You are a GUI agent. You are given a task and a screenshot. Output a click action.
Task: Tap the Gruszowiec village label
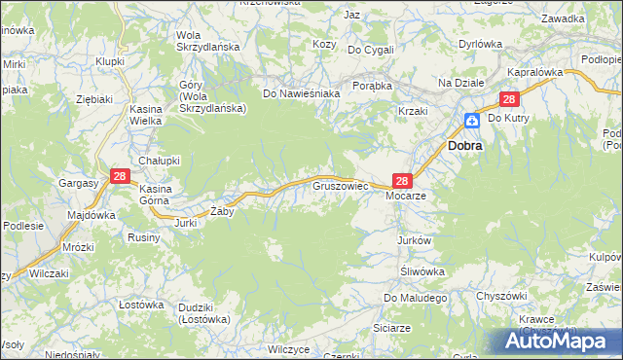click(339, 184)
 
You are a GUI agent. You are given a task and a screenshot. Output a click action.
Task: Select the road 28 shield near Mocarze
click(403, 180)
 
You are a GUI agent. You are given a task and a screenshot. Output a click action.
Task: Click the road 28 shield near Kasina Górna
click(120, 176)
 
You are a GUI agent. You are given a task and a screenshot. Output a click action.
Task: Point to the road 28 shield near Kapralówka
click(509, 100)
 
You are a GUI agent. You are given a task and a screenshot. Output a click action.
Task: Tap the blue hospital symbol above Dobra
click(471, 121)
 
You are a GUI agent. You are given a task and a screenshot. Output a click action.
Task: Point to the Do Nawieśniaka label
click(301, 93)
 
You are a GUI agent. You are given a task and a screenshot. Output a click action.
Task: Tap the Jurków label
click(414, 239)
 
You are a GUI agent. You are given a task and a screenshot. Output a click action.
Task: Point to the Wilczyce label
click(288, 348)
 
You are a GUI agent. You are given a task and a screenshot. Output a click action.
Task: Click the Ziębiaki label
click(95, 98)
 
